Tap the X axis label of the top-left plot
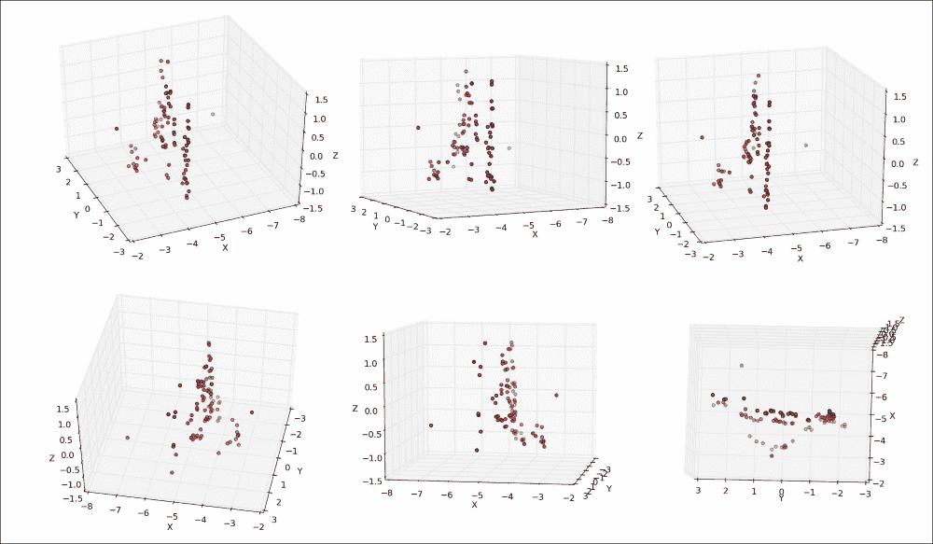pos(224,247)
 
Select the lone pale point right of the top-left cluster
pos(214,114)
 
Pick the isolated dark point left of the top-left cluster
pos(117,129)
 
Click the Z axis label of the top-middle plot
pos(640,137)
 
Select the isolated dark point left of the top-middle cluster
pos(418,127)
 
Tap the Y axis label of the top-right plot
pos(656,231)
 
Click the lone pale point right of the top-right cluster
pos(805,145)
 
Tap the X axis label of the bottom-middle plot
pos(474,505)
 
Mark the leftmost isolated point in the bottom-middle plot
pos(432,426)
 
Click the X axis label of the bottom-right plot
pos(892,414)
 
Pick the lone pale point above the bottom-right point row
pos(741,366)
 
